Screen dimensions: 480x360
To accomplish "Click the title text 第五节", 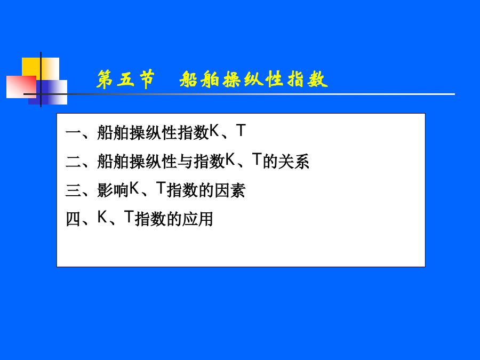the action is [x=125, y=79].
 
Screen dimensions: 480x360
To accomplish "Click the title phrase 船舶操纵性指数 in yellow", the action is [x=254, y=79].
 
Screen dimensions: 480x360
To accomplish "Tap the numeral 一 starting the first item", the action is [x=73, y=133].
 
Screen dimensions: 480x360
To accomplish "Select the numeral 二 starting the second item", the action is [x=73, y=161].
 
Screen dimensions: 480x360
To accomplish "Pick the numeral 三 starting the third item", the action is [x=73, y=190].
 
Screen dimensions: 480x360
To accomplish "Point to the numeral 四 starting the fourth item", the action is [x=73, y=219].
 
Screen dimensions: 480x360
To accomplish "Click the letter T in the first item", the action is [x=241, y=131].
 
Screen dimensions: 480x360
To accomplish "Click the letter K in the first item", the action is [x=214, y=131].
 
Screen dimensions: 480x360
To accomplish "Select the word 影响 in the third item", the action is [x=113, y=190].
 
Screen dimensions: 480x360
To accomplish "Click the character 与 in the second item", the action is [x=186, y=161].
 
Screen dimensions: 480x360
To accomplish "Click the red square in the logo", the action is [x=21, y=87].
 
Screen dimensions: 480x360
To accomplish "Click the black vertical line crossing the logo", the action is [x=41, y=79].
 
